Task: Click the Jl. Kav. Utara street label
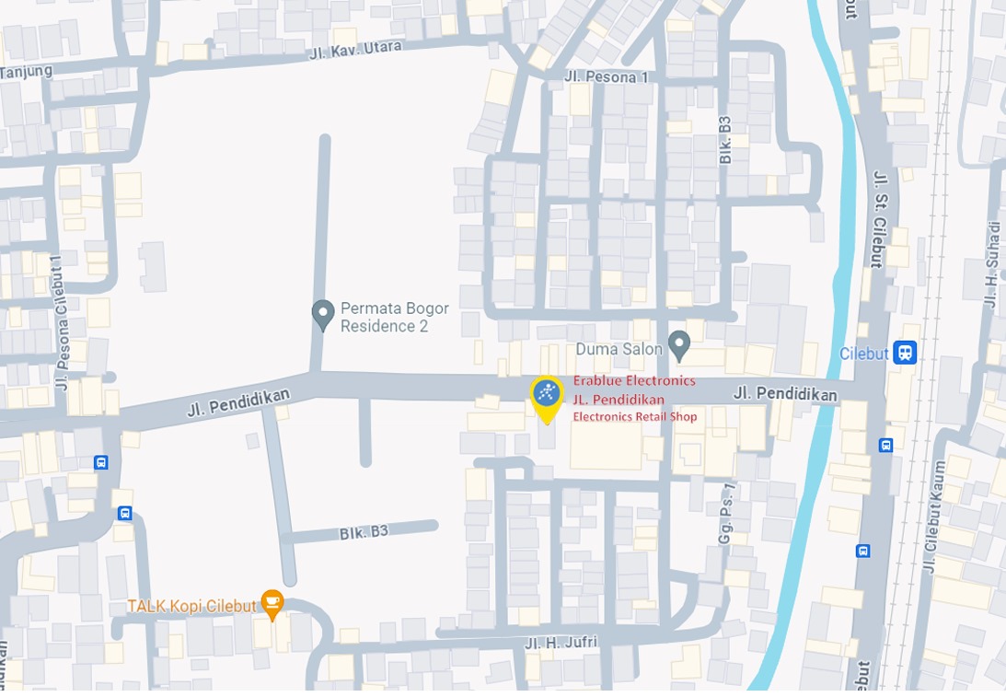(x=354, y=50)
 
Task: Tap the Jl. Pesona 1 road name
(x=606, y=76)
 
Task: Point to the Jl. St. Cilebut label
(x=879, y=218)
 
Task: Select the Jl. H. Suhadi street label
(x=991, y=264)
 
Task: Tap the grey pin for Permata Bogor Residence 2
(x=323, y=315)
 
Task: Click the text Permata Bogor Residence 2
(x=394, y=317)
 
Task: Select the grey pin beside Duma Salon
(x=679, y=345)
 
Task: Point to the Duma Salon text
(x=619, y=349)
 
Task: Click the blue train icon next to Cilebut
(x=905, y=353)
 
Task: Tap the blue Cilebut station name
(x=863, y=354)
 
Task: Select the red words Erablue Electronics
(x=634, y=380)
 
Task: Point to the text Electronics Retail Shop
(x=635, y=416)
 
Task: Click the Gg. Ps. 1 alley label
(x=726, y=514)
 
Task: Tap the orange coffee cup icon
(x=272, y=603)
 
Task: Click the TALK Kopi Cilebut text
(x=191, y=606)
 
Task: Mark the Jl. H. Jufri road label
(x=561, y=642)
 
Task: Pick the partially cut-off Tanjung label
(x=26, y=71)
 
